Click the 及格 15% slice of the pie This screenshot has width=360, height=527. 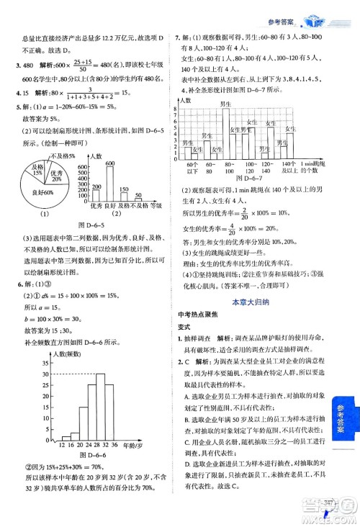(35, 171)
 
